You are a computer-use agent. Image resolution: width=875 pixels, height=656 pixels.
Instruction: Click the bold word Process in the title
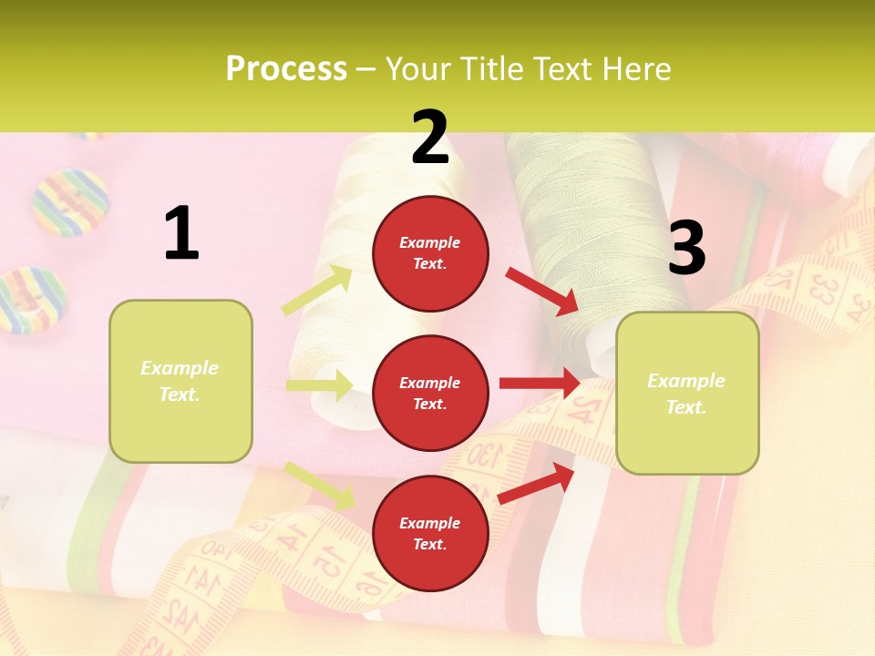pos(286,68)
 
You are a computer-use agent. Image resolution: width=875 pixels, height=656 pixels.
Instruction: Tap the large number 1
pos(181,233)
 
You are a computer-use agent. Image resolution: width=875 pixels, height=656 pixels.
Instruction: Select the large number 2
pos(430,138)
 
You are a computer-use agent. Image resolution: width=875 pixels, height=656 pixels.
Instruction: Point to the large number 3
pos(686,248)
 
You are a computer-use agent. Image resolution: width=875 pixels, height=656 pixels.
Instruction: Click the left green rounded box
pos(180,381)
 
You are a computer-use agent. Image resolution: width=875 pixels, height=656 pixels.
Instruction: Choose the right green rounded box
pos(687,393)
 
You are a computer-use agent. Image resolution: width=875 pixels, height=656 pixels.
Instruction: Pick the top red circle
pos(430,253)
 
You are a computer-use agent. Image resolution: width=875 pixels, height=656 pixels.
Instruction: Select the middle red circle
pos(430,393)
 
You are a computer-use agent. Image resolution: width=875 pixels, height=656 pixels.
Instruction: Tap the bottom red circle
pos(430,533)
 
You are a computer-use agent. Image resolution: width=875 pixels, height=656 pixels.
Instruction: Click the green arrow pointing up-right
pos(317,291)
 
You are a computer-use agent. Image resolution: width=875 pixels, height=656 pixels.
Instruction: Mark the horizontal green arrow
pos(319,385)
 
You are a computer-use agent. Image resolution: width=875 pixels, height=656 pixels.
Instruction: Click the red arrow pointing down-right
pos(541,291)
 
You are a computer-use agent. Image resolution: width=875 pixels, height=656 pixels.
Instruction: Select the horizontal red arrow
pos(540,384)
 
